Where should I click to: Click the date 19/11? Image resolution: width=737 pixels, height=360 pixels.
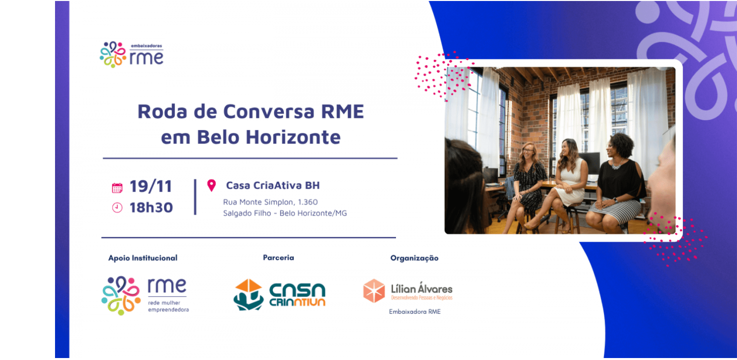point(150,187)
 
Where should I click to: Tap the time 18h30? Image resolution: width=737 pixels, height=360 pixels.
point(151,208)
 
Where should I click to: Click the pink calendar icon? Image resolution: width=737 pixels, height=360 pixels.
point(117,188)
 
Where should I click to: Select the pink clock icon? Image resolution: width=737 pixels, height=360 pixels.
point(117,208)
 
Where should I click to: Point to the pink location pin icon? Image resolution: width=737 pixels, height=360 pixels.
point(212,185)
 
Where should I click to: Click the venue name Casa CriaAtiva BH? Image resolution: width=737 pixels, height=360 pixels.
point(273,186)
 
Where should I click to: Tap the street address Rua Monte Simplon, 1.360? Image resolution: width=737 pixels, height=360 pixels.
point(270,202)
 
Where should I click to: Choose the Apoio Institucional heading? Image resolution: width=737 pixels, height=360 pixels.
point(142,258)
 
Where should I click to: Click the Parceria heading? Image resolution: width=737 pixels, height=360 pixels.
point(278,257)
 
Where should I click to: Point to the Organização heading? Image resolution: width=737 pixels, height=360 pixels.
point(414,258)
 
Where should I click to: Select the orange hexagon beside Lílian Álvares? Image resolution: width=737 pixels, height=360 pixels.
point(374,291)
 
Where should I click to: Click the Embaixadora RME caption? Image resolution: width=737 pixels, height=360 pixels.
point(415,311)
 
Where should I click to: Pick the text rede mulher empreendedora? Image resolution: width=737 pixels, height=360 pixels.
point(168,306)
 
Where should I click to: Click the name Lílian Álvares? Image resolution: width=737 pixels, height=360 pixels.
point(422,288)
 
